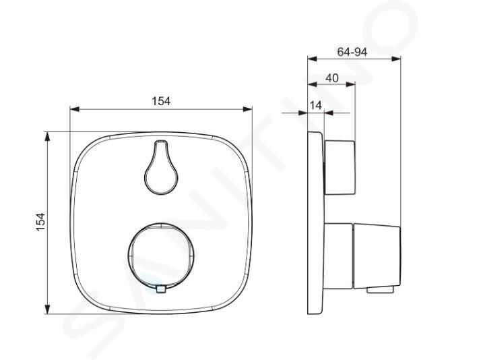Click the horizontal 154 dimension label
tap(162, 100)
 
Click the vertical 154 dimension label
tap(40, 222)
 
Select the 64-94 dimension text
tap(352, 52)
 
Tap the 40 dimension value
tap(332, 78)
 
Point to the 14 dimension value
tap(316, 105)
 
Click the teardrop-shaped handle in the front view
tap(161, 167)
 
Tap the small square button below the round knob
tap(161, 289)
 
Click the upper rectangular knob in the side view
tap(340, 168)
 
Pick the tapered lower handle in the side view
tap(377, 257)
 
